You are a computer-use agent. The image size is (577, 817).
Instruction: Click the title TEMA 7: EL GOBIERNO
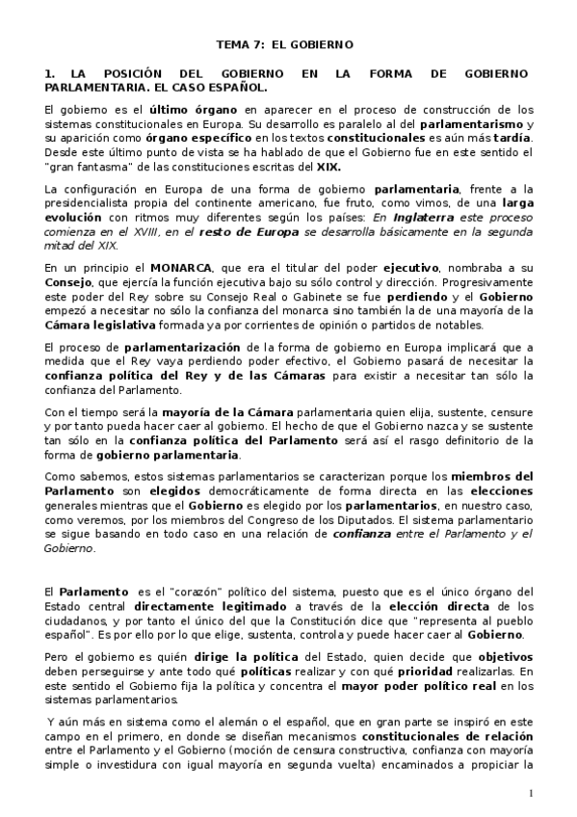tap(283, 44)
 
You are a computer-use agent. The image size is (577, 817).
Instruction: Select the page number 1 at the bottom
tap(530, 792)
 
